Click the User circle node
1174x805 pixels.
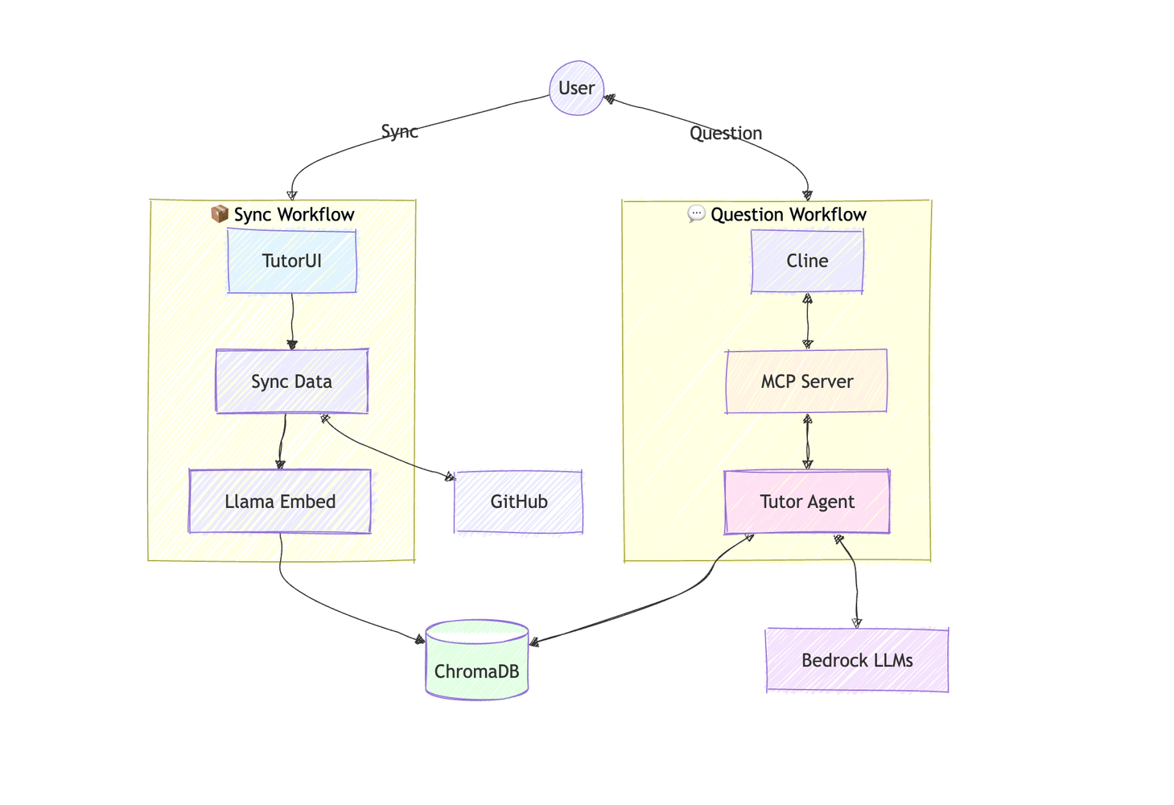tap(576, 88)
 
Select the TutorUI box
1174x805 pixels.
tap(291, 261)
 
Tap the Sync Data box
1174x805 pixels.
tap(291, 382)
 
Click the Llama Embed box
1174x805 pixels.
tap(280, 502)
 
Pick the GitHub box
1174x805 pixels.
tap(518, 502)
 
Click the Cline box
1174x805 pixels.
tap(807, 261)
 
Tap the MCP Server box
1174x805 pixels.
tap(806, 382)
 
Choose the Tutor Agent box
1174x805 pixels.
tap(807, 502)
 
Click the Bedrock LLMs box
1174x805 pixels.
tap(857, 660)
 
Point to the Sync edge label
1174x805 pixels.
tap(399, 131)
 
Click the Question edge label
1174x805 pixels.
tap(725, 133)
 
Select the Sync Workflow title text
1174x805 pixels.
tap(294, 214)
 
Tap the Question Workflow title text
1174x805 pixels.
tap(788, 214)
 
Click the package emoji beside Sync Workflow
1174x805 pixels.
tap(219, 213)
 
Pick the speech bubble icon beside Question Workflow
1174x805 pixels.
tap(696, 213)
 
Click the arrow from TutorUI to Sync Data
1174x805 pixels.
tap(292, 320)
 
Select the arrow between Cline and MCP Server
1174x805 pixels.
tap(808, 320)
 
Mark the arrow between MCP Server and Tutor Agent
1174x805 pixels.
tap(808, 441)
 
